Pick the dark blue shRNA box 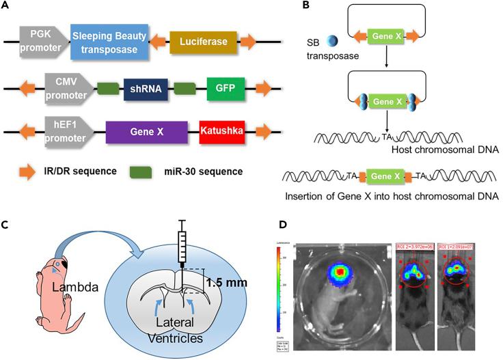coord(146,89)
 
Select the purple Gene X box coord(146,130)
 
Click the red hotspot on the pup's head coord(339,271)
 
